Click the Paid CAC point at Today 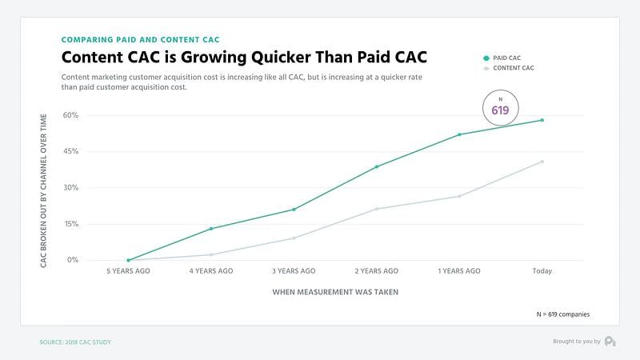542,120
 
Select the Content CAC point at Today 542,162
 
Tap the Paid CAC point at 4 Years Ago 211,229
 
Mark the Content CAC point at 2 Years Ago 376,209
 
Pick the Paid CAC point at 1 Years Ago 459,134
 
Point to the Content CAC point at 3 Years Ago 294,238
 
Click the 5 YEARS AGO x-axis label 128,271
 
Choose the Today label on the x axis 542,271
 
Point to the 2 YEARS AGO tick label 376,271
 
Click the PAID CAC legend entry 512,58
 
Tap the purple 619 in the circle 500,110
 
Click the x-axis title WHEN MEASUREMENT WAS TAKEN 335,292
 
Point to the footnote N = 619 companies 563,314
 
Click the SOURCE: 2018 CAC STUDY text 75,342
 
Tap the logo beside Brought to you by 610,342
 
